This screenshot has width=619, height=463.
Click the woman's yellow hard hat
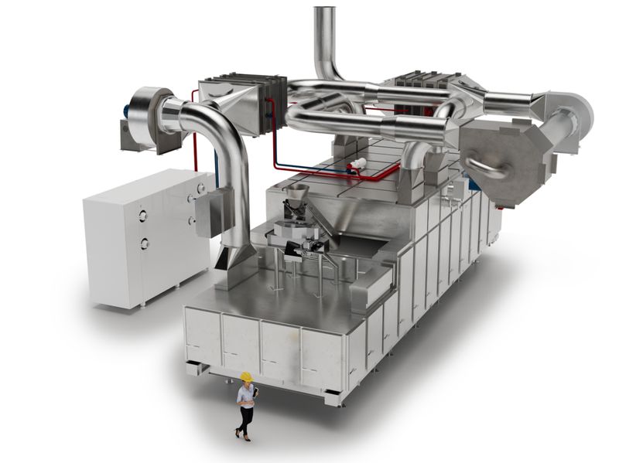pos(246,376)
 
